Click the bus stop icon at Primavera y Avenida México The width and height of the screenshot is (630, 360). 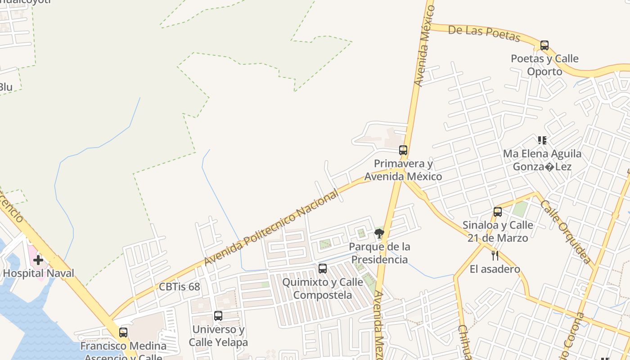[x=403, y=150]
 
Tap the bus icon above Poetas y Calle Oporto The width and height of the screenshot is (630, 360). [x=544, y=45]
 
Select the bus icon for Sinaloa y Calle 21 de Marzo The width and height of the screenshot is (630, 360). [x=498, y=212]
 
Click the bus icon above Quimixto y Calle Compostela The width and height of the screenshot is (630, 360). [x=323, y=269]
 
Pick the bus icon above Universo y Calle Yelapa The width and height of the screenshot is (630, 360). [x=218, y=316]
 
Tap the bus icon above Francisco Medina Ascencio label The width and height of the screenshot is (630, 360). [x=123, y=333]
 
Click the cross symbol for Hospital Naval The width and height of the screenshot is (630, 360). [x=38, y=260]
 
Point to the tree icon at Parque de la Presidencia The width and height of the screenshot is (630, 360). [x=379, y=233]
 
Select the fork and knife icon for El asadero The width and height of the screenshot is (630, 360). [x=495, y=256]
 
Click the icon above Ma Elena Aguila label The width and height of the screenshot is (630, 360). [x=542, y=140]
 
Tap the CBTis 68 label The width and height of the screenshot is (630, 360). [x=179, y=287]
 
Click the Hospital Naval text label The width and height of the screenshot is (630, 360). [x=39, y=273]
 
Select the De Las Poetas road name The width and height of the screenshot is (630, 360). [x=484, y=33]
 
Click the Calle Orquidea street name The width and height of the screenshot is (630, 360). [x=565, y=231]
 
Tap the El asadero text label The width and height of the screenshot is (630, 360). [x=495, y=269]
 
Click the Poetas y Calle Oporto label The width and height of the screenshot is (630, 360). [x=544, y=65]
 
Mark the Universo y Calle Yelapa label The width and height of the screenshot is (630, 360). [x=218, y=336]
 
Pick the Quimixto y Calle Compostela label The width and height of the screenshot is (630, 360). [x=322, y=288]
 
